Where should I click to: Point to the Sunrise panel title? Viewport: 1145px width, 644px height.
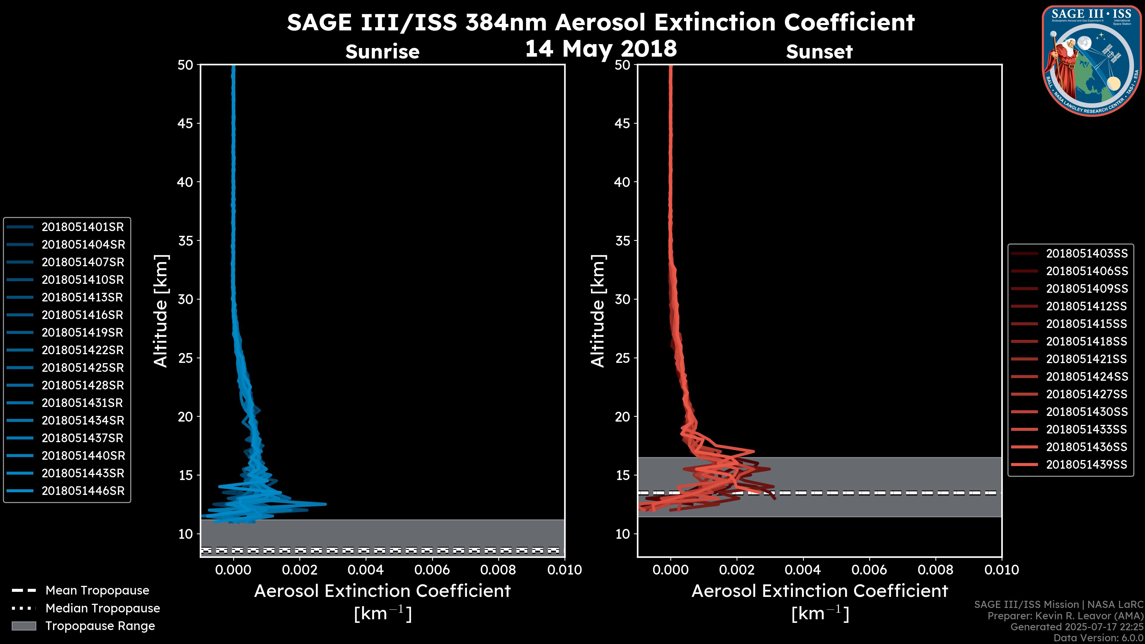point(382,52)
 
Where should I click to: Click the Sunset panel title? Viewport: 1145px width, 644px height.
point(819,52)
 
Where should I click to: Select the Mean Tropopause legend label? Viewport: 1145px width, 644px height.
point(97,591)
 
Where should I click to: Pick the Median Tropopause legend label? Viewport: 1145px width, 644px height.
point(103,609)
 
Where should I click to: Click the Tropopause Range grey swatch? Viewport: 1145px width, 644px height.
point(24,626)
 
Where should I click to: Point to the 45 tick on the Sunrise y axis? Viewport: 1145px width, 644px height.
point(185,123)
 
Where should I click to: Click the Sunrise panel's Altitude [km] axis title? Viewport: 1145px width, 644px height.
point(160,311)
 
